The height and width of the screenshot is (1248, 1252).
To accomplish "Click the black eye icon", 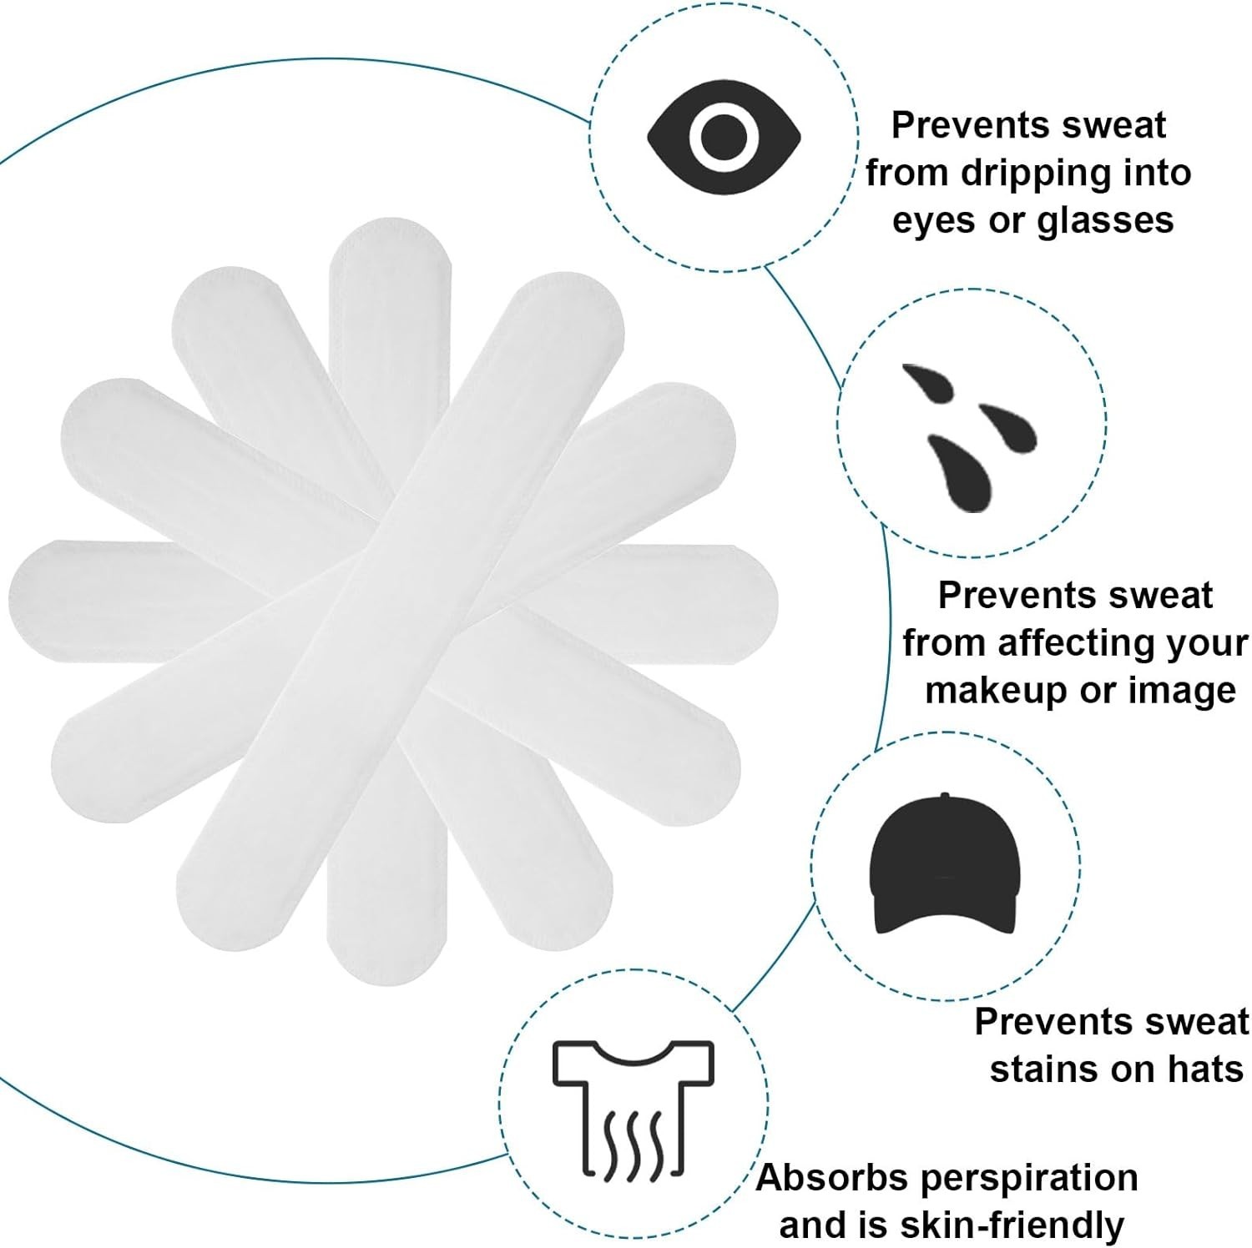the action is coord(724,138).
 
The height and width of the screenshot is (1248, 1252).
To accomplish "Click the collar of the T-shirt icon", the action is coord(633,1053).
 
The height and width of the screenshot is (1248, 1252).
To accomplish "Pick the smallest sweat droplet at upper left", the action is coord(926,380).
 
